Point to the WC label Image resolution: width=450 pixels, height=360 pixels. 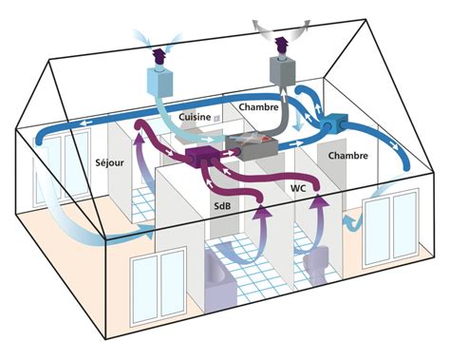(297, 190)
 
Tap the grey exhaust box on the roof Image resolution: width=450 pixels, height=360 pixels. (283, 68)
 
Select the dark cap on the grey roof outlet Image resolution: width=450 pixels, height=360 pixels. (282, 43)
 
